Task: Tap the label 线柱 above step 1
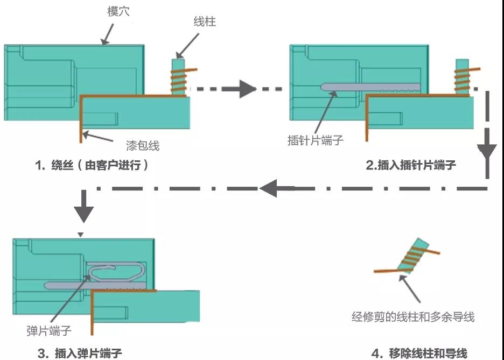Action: [x=205, y=22]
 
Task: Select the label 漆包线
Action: [x=142, y=145]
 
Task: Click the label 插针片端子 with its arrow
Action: [x=316, y=140]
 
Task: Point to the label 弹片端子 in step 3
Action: [x=49, y=330]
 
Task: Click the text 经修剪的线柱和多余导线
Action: [x=413, y=316]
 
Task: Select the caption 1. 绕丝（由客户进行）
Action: [x=92, y=165]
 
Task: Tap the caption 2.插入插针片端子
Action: [x=411, y=165]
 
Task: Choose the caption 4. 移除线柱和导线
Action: [x=420, y=353]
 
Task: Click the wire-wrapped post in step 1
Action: [x=178, y=77]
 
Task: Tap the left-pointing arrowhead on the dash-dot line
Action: [x=270, y=188]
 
